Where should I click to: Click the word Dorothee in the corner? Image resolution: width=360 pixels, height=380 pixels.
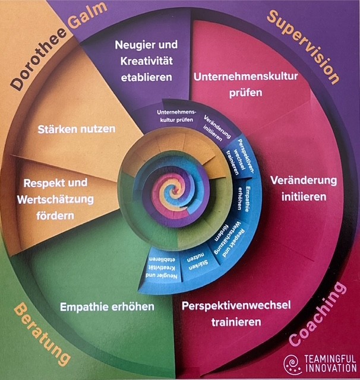click(x=39, y=59)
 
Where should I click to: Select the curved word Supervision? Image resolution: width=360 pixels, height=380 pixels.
click(x=304, y=46)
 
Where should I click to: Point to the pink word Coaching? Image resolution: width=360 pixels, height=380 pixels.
click(x=318, y=314)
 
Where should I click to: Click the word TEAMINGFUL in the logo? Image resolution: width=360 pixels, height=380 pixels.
click(x=330, y=359)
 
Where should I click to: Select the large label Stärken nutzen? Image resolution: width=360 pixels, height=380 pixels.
click(x=77, y=129)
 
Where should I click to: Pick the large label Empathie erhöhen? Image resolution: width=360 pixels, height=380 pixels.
click(x=107, y=307)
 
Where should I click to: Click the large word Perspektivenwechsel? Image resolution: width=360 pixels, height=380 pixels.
click(x=236, y=305)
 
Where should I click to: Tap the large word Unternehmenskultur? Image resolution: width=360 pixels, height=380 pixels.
click(x=245, y=77)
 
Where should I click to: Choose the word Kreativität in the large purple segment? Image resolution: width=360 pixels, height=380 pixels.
click(x=146, y=61)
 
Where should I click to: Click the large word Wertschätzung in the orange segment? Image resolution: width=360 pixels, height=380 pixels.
click(x=55, y=199)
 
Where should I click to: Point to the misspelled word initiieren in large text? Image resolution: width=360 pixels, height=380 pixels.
click(x=304, y=197)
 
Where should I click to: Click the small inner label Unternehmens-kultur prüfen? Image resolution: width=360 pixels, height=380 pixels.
click(x=176, y=116)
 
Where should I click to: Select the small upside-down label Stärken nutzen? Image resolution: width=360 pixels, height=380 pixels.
click(x=198, y=262)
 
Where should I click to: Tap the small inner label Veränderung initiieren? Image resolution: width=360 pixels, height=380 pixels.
click(x=216, y=128)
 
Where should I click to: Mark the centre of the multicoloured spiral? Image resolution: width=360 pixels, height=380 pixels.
click(x=173, y=191)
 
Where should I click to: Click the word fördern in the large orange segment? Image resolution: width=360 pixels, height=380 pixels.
click(x=55, y=216)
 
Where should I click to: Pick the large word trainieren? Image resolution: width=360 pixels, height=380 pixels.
click(x=236, y=322)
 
